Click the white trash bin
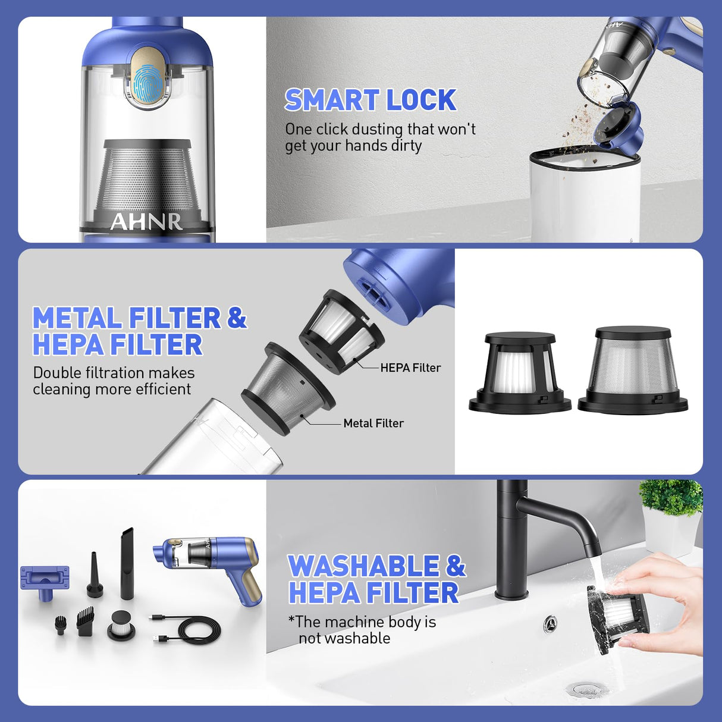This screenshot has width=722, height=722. (x=585, y=195)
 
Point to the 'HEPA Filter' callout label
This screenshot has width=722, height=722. (x=410, y=368)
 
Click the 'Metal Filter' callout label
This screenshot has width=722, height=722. (x=373, y=423)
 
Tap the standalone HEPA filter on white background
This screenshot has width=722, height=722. (x=520, y=373)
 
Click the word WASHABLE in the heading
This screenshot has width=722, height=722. (x=363, y=566)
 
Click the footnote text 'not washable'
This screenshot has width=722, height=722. (x=344, y=638)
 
